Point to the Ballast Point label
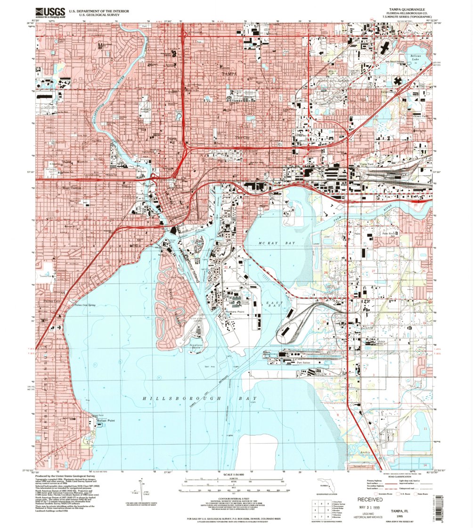pos(106,421)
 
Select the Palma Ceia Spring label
pos(85,305)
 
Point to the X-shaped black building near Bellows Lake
pos(399,81)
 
